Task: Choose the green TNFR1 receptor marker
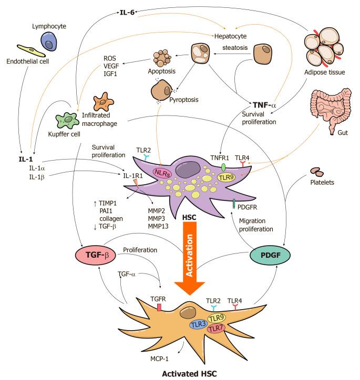tap(223, 167)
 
